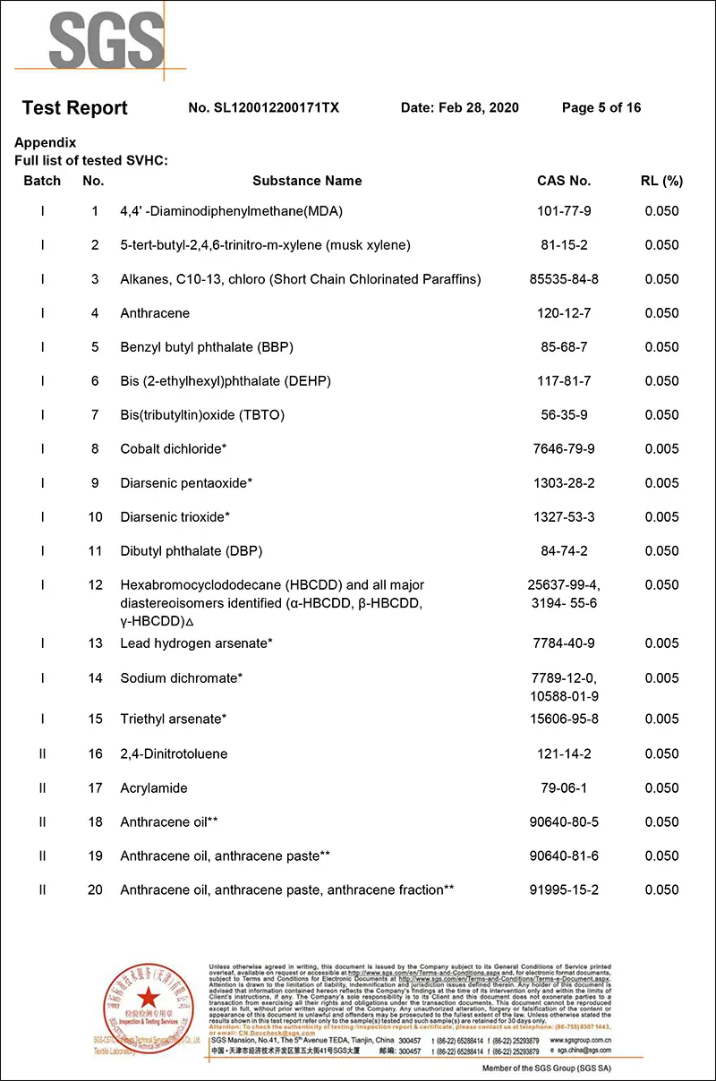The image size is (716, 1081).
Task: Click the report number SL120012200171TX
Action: pos(264,108)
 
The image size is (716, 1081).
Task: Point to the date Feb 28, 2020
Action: pos(459,108)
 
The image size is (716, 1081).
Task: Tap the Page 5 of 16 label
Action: pos(601,108)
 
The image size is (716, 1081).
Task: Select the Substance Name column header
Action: pos(307,181)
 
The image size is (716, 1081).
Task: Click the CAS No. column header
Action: pos(564,181)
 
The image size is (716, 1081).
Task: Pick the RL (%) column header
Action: pos(661,181)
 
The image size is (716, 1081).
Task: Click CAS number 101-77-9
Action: pos(564,212)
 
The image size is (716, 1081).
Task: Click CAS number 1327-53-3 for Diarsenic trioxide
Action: pos(564,517)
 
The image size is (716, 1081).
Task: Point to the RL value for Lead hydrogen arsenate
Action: pos(661,643)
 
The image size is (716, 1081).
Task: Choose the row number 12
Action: pos(95,585)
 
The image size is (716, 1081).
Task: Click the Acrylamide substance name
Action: pos(154,788)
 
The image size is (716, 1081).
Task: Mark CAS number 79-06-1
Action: pos(564,788)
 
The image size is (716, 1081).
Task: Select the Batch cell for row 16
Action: pos(42,754)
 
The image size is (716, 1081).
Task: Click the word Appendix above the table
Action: pos(46,143)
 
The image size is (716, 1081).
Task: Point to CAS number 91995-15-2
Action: pos(564,890)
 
